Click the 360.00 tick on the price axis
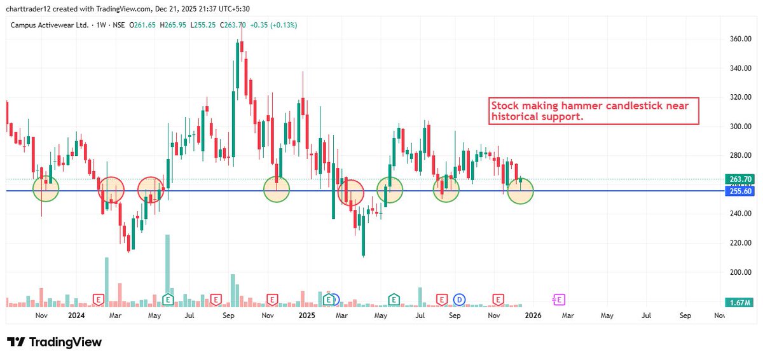click(739, 39)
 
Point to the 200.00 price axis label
click(739, 272)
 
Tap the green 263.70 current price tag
click(739, 179)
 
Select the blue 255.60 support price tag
click(739, 191)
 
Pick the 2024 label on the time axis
click(76, 315)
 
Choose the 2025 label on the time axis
click(306, 315)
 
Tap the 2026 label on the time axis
click(532, 315)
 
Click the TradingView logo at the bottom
click(54, 342)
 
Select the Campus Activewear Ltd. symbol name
click(49, 25)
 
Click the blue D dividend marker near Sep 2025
click(458, 299)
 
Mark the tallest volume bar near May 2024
click(168, 267)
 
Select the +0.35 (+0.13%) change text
click(275, 25)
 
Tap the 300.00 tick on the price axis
click(739, 127)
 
